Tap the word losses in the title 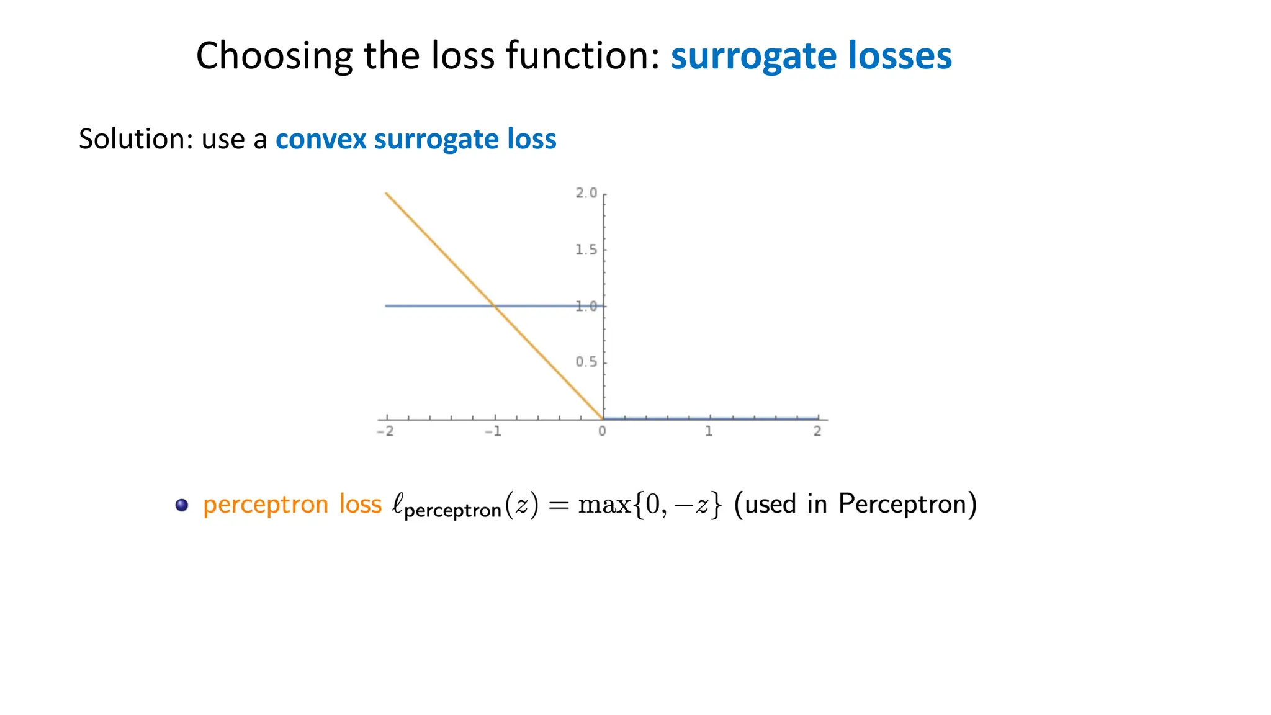[x=900, y=56]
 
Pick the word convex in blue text [x=321, y=139]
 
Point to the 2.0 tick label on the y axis [x=586, y=193]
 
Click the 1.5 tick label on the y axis [x=586, y=250]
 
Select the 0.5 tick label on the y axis [x=586, y=362]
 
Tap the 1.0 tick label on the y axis [x=586, y=306]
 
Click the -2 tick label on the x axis [x=385, y=431]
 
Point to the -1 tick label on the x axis [x=493, y=431]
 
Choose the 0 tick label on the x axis [x=602, y=431]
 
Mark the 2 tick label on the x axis [x=817, y=431]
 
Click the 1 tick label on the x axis [x=709, y=431]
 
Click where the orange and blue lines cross [x=495, y=305]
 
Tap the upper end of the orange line [x=387, y=194]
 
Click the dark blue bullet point [x=181, y=505]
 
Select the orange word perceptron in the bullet [x=266, y=505]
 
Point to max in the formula [x=604, y=505]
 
